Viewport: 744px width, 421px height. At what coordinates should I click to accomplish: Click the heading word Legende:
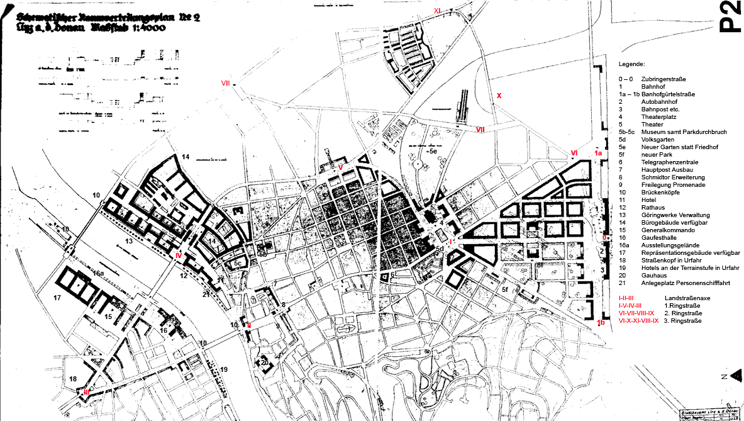pyautogui.click(x=631, y=65)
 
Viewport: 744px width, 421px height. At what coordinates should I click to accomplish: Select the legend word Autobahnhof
pyautogui.click(x=657, y=102)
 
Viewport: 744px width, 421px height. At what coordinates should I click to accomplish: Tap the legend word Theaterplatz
pyautogui.click(x=658, y=117)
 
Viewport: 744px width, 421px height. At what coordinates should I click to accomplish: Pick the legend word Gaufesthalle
pyautogui.click(x=658, y=238)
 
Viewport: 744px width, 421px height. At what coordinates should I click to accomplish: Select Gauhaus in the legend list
pyautogui.click(x=653, y=276)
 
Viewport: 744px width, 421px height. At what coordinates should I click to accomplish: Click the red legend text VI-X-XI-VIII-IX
pyautogui.click(x=639, y=320)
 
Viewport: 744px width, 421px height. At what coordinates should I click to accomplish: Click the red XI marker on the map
pyautogui.click(x=437, y=11)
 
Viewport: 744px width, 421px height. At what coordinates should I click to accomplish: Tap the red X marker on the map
pyautogui.click(x=499, y=96)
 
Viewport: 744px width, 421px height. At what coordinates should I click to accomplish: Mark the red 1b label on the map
pyautogui.click(x=601, y=323)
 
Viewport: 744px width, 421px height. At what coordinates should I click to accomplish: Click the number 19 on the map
pyautogui.click(x=223, y=369)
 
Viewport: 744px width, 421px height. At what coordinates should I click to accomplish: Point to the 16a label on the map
pyautogui.click(x=98, y=273)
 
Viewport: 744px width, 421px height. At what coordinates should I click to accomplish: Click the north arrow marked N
pyautogui.click(x=726, y=376)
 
